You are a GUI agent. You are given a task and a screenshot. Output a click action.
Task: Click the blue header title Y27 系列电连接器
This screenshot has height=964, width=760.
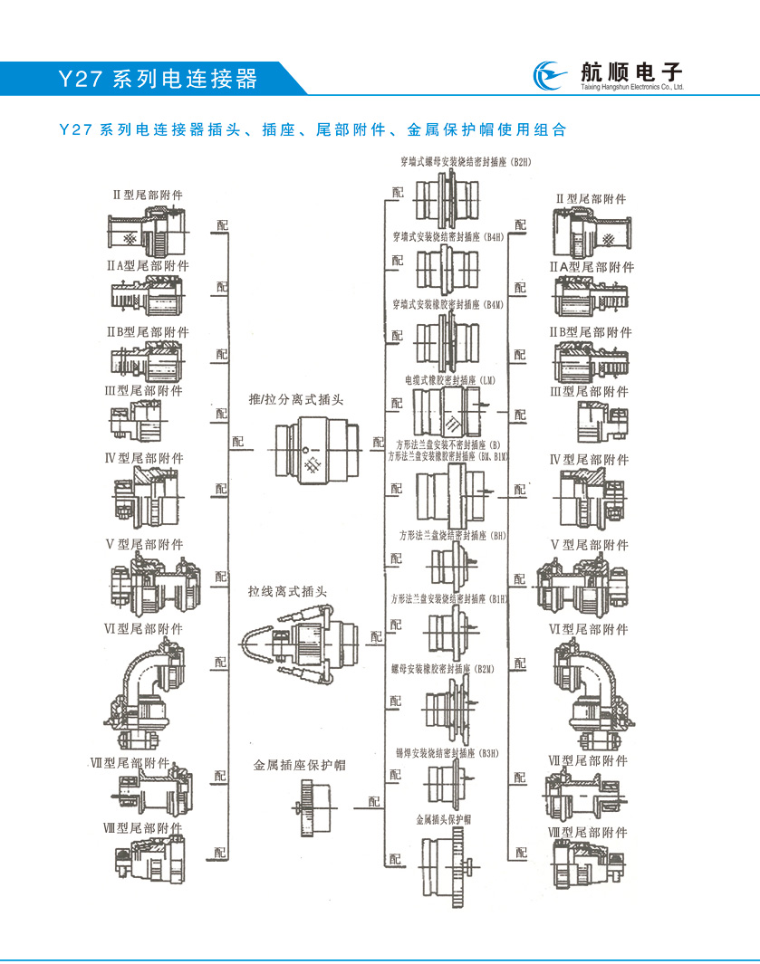click(x=159, y=78)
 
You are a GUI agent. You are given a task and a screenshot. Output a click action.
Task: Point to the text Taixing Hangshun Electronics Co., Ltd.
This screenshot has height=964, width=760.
click(x=630, y=89)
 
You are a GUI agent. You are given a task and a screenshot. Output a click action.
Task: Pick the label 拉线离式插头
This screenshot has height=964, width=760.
click(x=288, y=592)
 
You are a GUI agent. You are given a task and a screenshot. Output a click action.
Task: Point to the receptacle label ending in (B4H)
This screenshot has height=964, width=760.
click(x=448, y=237)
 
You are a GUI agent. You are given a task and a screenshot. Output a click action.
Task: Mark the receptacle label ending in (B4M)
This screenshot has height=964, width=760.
click(x=448, y=305)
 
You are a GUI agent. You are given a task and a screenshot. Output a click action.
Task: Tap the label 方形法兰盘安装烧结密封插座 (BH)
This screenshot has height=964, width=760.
click(x=453, y=536)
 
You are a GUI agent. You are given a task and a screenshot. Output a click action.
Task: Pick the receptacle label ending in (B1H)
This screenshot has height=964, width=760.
click(x=450, y=598)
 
